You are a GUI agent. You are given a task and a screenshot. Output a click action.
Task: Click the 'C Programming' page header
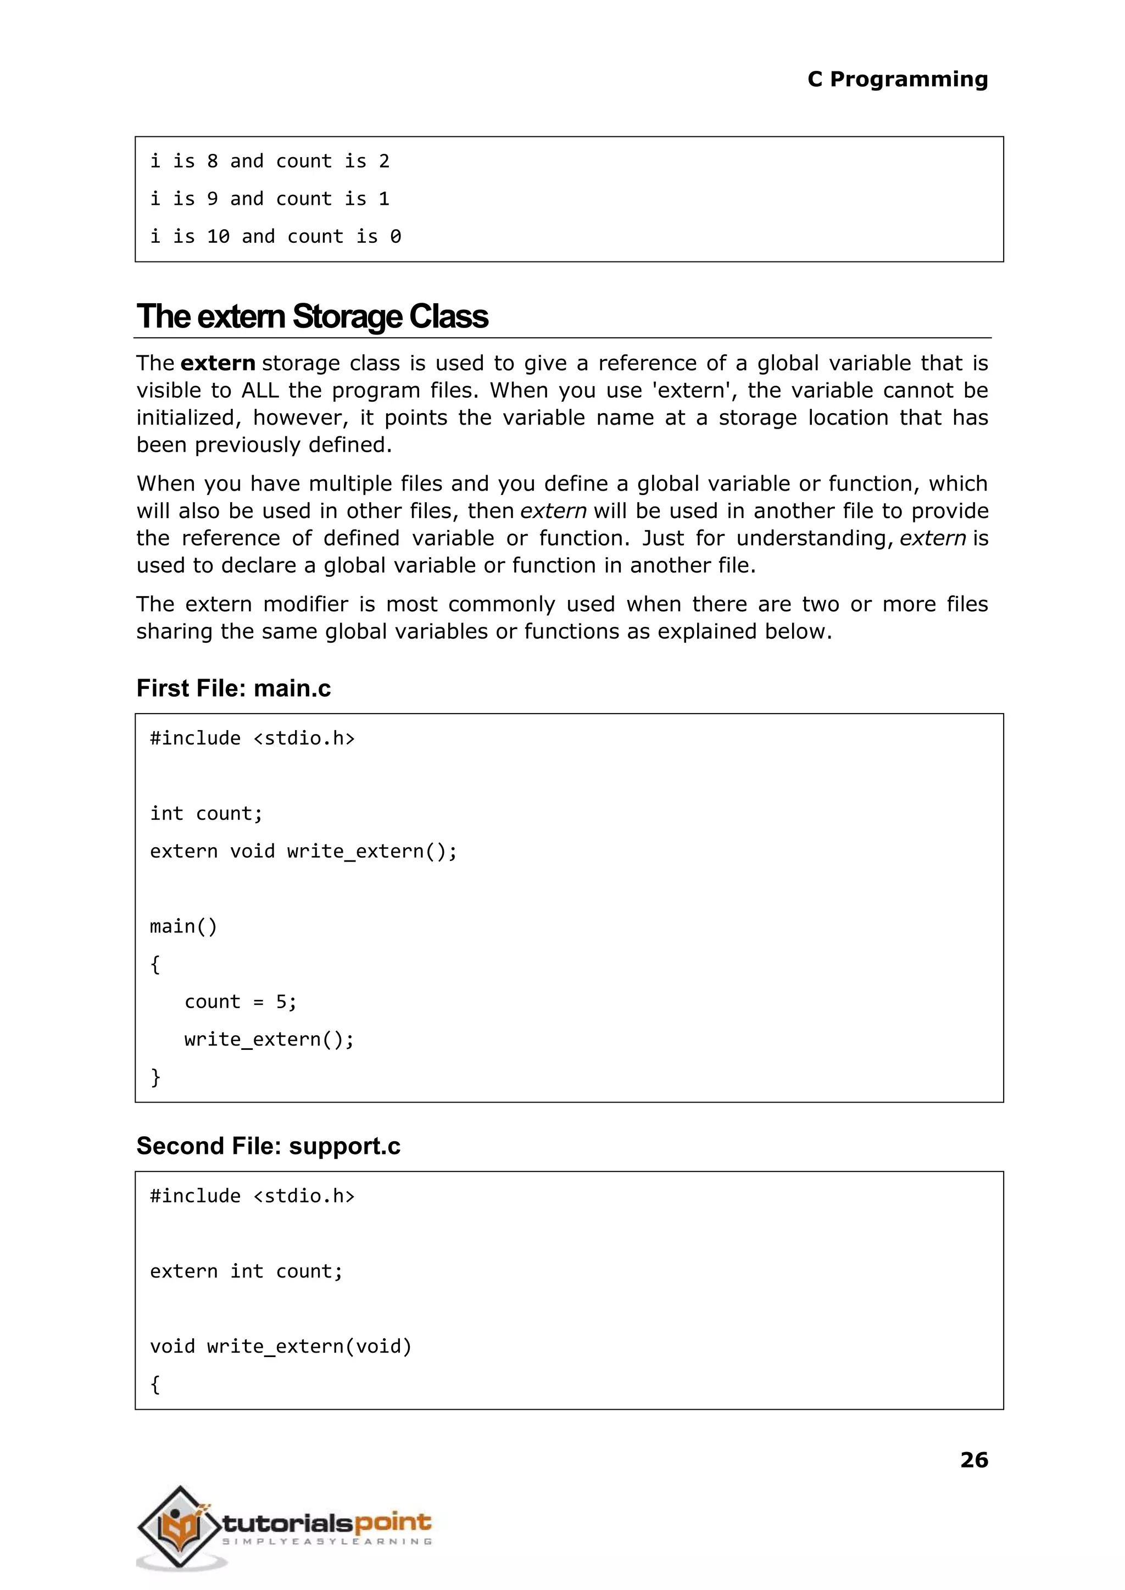(x=897, y=80)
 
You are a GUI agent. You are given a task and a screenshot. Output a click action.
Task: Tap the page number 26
(x=973, y=1460)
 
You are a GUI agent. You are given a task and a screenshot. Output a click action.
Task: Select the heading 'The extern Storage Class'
(x=313, y=316)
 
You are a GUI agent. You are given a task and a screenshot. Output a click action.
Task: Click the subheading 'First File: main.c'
(x=233, y=688)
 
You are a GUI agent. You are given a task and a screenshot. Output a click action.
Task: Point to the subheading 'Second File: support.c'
(x=268, y=1146)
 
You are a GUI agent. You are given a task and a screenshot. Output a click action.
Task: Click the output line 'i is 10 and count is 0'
(x=275, y=237)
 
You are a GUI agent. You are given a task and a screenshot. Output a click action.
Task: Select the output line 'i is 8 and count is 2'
(x=270, y=162)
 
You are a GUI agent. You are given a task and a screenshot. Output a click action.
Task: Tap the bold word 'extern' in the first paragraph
(x=218, y=363)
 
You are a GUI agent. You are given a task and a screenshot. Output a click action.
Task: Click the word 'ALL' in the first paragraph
(x=260, y=391)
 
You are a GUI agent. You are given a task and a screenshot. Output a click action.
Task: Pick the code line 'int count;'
(x=207, y=813)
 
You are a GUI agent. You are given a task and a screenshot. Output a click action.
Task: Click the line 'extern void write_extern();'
(x=303, y=851)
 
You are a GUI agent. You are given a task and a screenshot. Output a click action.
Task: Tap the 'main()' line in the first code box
(x=183, y=926)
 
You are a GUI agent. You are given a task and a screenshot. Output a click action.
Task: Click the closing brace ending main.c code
(x=155, y=1077)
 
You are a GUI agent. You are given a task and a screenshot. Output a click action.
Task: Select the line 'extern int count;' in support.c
(x=246, y=1271)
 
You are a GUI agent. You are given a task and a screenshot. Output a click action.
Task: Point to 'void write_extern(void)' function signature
(x=281, y=1346)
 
